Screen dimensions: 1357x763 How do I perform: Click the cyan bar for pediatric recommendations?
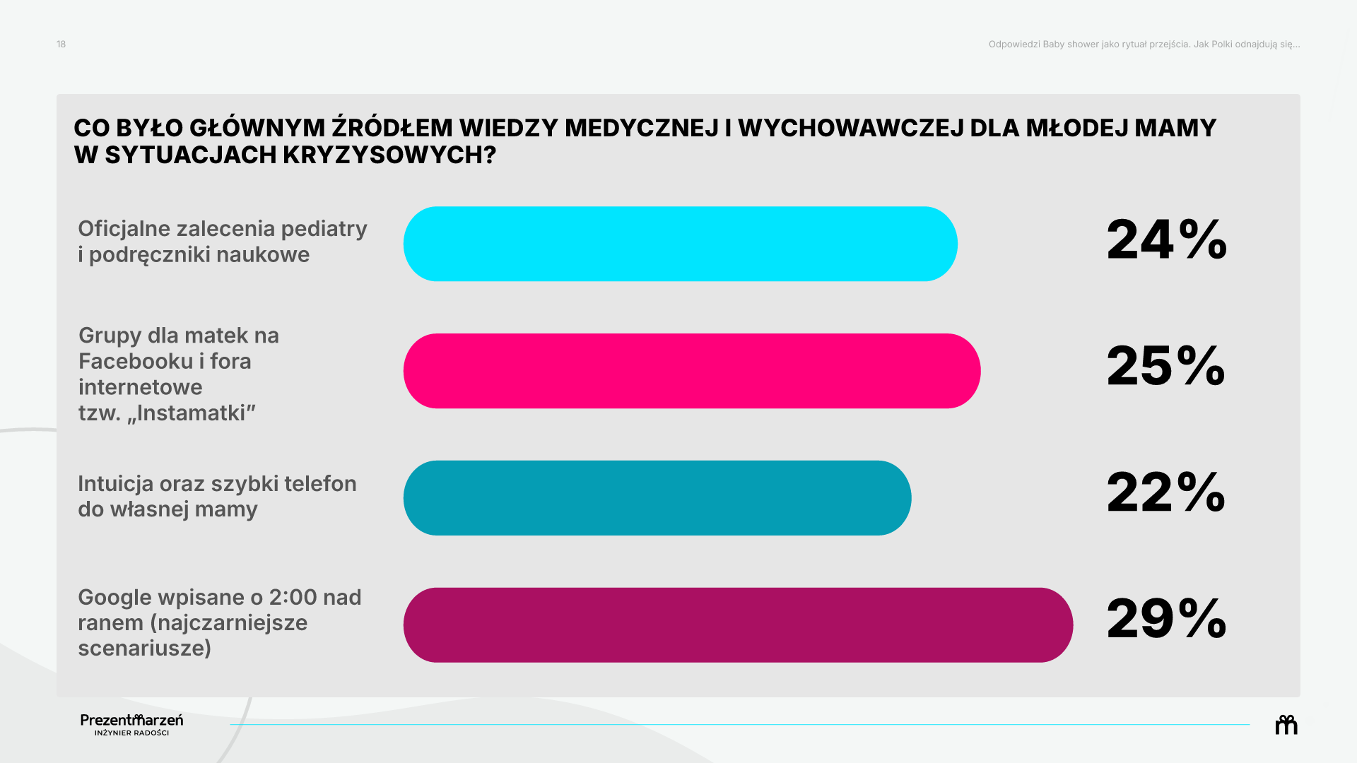[x=680, y=244]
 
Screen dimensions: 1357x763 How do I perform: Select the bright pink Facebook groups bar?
[x=692, y=371]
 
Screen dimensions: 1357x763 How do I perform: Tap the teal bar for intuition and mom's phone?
[x=657, y=498]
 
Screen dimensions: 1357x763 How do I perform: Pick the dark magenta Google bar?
[x=738, y=625]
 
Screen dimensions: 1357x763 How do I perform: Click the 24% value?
[x=1167, y=239]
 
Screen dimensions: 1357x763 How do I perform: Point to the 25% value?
[x=1166, y=366]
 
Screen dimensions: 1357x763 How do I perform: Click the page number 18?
[x=61, y=44]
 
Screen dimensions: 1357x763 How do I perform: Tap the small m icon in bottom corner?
[x=1286, y=725]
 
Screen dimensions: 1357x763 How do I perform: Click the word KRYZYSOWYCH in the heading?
[x=389, y=155]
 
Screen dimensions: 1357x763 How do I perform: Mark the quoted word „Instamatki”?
[x=191, y=413]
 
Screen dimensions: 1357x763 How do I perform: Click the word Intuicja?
[x=116, y=484]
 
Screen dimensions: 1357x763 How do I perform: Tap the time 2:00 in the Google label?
[x=293, y=598]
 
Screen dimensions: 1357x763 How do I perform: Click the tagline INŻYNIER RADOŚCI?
[x=132, y=733]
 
